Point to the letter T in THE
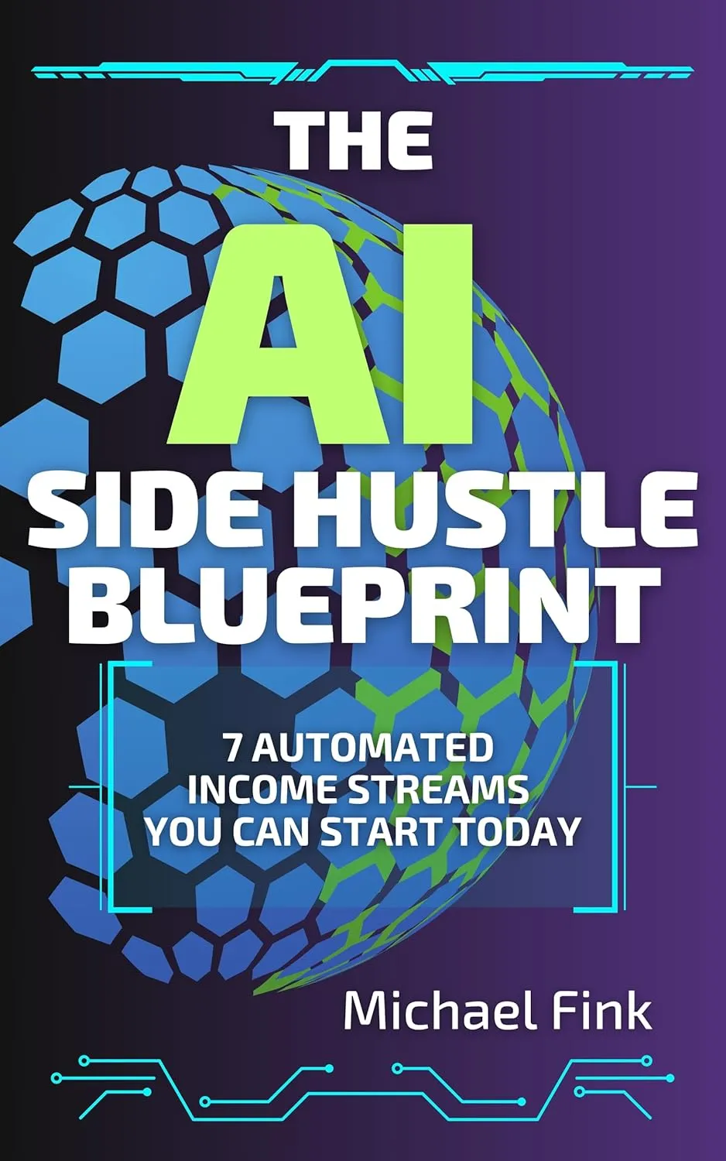(x=300, y=141)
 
